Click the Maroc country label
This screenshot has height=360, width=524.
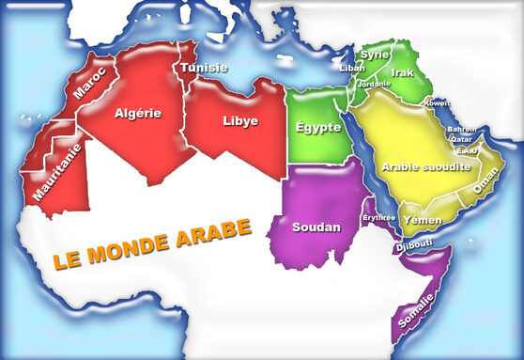(89, 82)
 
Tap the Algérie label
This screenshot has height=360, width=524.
(138, 113)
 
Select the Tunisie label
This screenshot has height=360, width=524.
(205, 67)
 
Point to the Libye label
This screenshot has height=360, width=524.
(239, 120)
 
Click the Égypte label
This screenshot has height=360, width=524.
(317, 127)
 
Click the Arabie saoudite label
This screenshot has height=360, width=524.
(426, 165)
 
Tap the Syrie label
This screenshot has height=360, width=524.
(375, 55)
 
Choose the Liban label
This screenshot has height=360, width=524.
(352, 68)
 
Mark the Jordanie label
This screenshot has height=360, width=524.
(374, 83)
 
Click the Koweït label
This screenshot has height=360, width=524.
(438, 102)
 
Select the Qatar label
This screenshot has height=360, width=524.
(461, 138)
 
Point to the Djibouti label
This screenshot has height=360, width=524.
(414, 244)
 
